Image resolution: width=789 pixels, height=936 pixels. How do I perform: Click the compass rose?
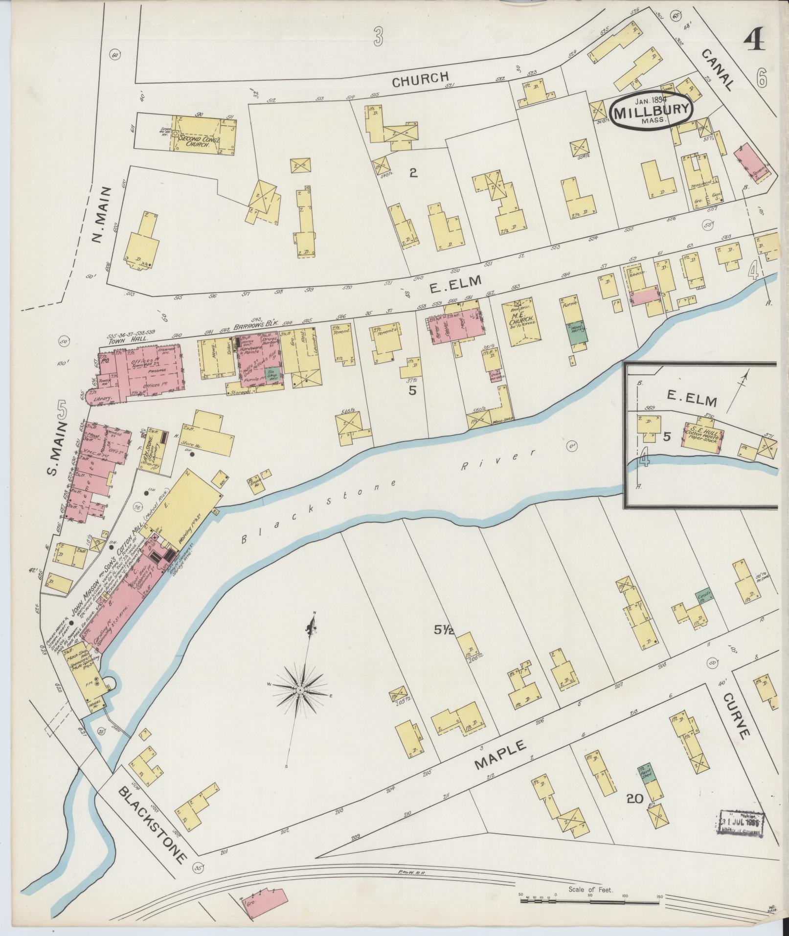tap(299, 689)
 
